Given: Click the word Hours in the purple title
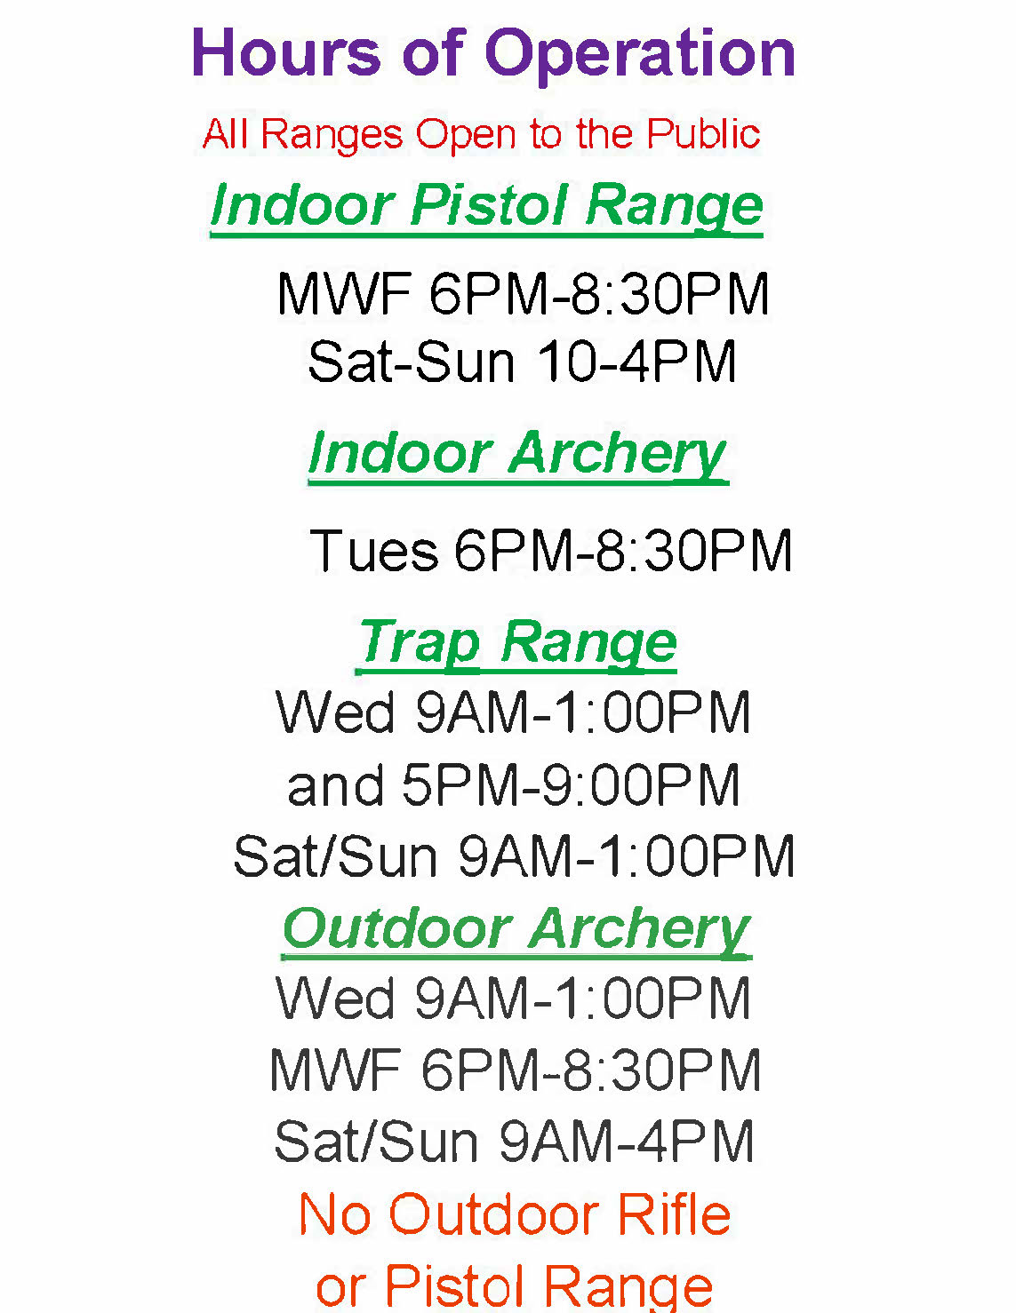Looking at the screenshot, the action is pos(286,52).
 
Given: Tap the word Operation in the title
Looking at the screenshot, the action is pos(639,57).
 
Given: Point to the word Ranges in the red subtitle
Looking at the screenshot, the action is pos(332,135).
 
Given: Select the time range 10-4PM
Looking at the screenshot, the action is pos(636,361).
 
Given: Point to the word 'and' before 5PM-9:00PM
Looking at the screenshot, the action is pos(335,785).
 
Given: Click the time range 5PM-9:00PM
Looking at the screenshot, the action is pos(571,785).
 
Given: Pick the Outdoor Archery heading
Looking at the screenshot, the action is pos(516,930).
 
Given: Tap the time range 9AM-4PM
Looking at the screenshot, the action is pos(626,1141).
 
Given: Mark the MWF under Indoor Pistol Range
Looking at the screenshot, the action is pos(345,293).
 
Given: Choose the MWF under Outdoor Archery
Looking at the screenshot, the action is pos(336,1070).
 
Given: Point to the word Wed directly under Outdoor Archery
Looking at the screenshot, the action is pos(334,999).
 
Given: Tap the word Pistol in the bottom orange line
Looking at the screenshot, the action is pos(453,1285).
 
